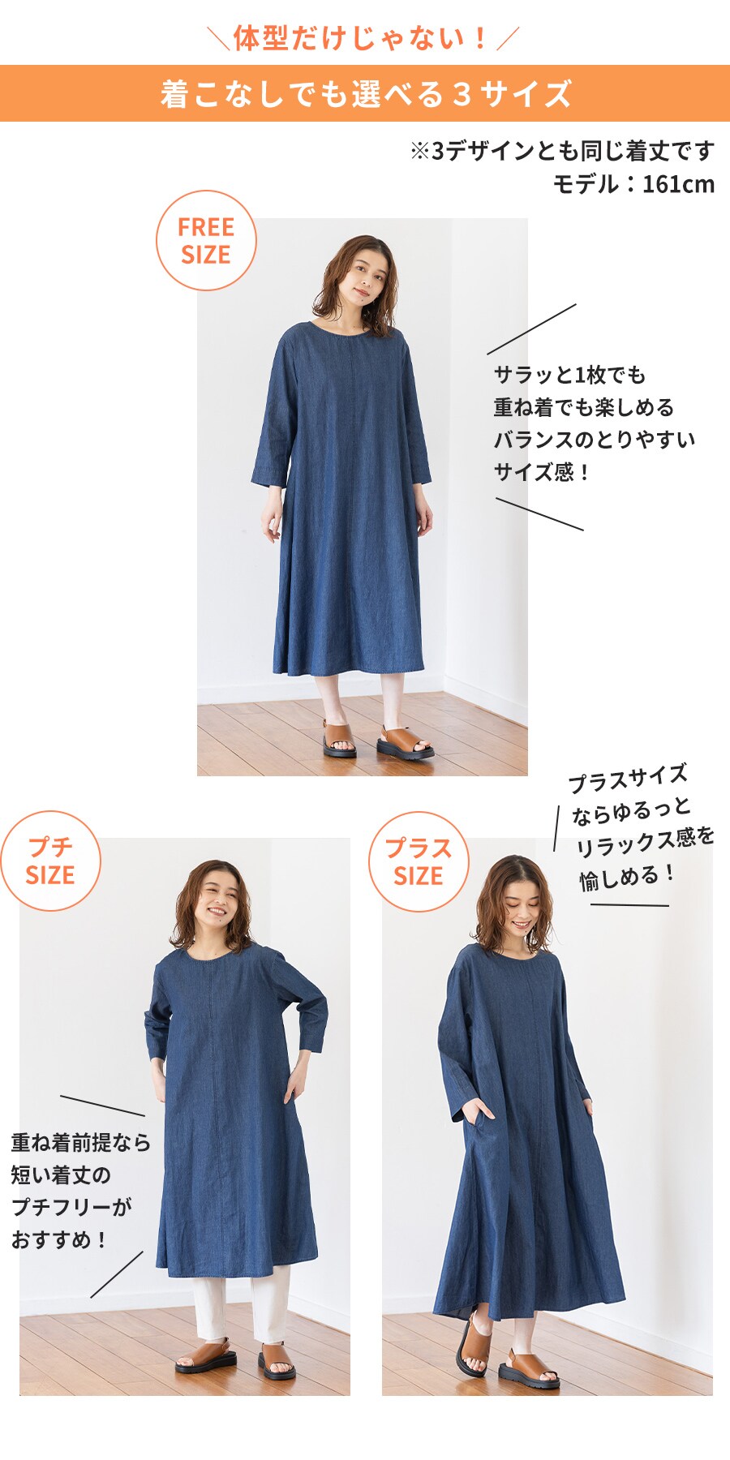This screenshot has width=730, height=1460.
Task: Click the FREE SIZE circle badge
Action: [x=206, y=241]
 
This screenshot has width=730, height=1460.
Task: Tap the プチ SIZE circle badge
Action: [x=50, y=861]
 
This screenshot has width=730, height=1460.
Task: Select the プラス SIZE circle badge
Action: [x=419, y=861]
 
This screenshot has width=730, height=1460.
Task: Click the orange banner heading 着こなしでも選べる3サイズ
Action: [x=365, y=94]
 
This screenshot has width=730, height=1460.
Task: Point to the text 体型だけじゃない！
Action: [x=363, y=38]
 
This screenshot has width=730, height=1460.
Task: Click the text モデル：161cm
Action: [x=633, y=184]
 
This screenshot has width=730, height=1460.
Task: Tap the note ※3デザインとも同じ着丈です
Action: [x=562, y=151]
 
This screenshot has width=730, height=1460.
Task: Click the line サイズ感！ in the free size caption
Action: [x=543, y=472]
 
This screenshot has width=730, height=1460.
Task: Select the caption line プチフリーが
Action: [x=71, y=1207]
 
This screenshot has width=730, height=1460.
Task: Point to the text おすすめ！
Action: [x=59, y=1239]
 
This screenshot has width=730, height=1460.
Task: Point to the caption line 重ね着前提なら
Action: [x=81, y=1142]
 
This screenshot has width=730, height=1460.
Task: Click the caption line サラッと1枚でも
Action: [x=569, y=375]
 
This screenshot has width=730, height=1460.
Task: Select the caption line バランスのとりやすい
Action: [x=595, y=440]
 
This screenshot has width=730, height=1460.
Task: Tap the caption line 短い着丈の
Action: [x=61, y=1174]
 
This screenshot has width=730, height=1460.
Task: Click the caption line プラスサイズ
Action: [x=628, y=779]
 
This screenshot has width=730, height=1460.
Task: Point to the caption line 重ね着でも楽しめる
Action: [x=584, y=407]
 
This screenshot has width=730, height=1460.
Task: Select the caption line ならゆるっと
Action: [x=631, y=810]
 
